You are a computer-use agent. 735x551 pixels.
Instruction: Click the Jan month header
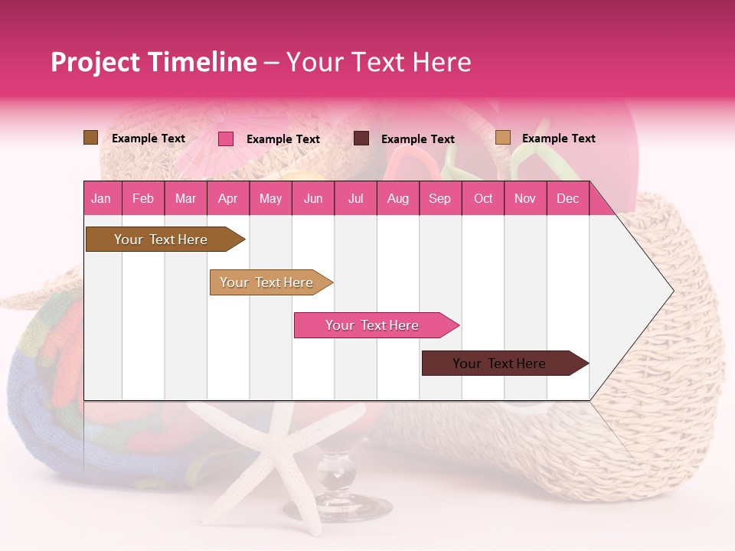(x=101, y=198)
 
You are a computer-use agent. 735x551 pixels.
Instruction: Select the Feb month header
(x=143, y=198)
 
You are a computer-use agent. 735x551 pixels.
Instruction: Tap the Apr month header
(x=227, y=198)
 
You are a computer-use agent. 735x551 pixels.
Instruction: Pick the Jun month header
(x=313, y=198)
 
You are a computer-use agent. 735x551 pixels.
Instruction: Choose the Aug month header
(x=397, y=198)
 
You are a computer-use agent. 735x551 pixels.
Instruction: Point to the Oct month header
(x=483, y=198)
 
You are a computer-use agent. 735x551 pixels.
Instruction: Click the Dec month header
(x=567, y=198)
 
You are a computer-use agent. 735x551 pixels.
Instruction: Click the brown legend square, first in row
(x=90, y=138)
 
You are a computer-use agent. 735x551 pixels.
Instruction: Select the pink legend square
(x=226, y=139)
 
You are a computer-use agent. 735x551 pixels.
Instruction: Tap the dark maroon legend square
(x=361, y=139)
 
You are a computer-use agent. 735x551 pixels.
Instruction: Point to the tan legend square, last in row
(x=502, y=138)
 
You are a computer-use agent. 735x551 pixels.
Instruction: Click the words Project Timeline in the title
(x=153, y=62)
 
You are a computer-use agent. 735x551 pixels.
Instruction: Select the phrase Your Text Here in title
(x=378, y=62)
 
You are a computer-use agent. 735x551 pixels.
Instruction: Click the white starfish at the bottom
(x=283, y=459)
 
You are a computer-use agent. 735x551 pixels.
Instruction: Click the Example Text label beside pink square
(x=283, y=139)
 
